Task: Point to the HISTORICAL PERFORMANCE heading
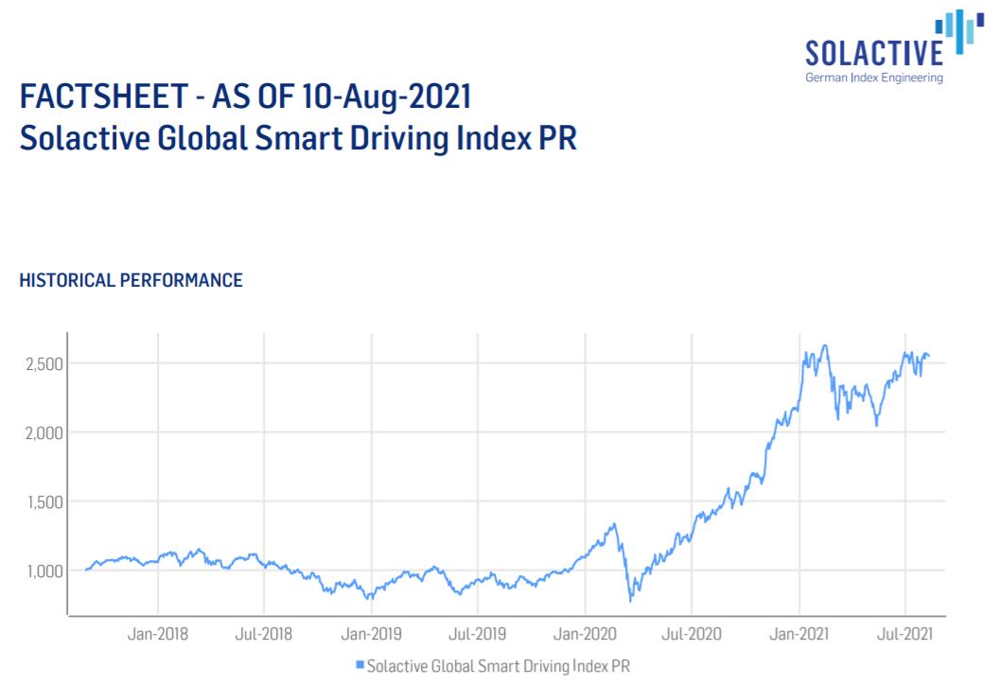point(131,281)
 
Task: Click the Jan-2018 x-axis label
point(158,633)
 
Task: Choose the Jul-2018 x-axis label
point(264,633)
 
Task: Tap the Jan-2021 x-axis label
point(799,633)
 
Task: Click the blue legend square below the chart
point(360,666)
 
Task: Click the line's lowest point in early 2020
point(630,601)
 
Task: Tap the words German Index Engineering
point(873,78)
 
